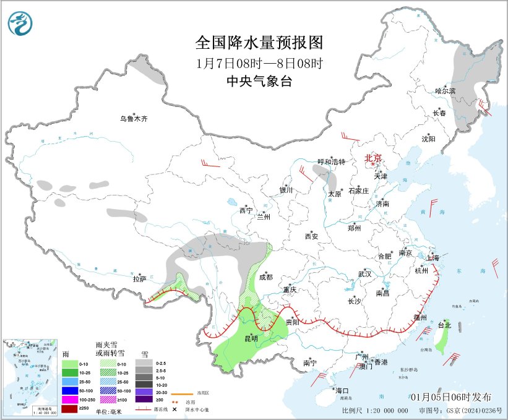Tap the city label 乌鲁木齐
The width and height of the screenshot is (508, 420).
(x=134, y=119)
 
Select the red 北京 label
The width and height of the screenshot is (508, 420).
(x=374, y=158)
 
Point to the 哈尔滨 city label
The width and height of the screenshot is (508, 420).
(x=444, y=90)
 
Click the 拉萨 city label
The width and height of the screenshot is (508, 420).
(x=139, y=279)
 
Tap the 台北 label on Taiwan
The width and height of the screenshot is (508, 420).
(x=444, y=325)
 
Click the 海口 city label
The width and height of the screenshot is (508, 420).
(x=342, y=390)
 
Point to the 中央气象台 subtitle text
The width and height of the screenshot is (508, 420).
(x=259, y=81)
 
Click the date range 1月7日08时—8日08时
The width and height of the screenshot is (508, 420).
(x=259, y=62)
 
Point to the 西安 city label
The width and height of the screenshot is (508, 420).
(x=311, y=236)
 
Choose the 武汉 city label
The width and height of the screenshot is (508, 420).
(x=364, y=273)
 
